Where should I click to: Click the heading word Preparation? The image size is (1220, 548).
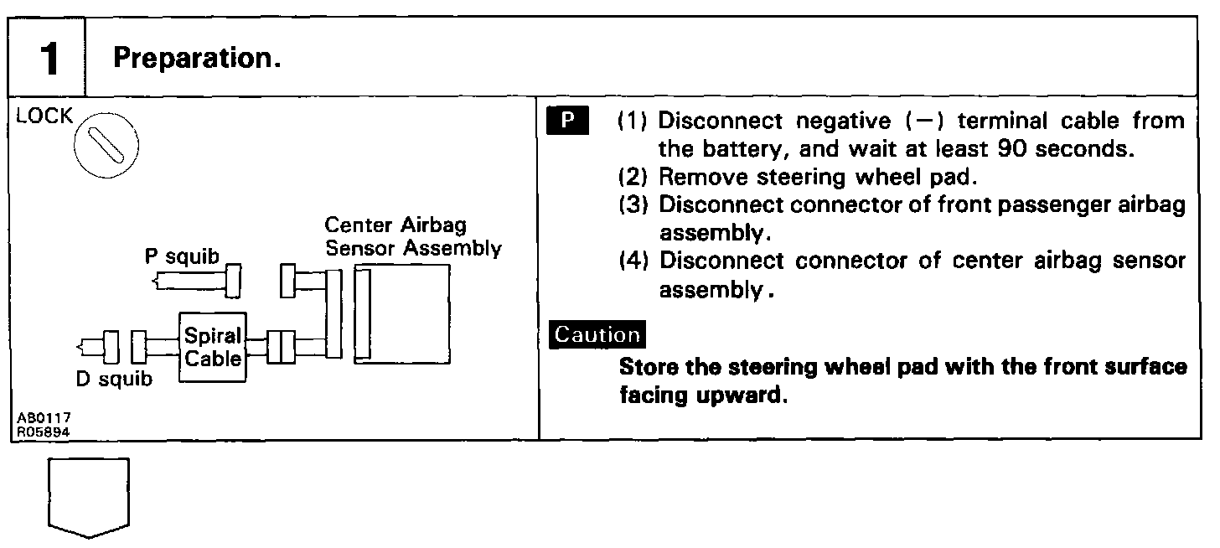(196, 58)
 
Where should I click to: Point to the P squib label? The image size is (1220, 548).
(182, 257)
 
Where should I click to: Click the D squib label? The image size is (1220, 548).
(115, 380)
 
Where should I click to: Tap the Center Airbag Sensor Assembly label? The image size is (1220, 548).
(413, 236)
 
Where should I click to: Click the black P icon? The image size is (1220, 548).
(567, 121)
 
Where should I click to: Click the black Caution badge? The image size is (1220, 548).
(597, 334)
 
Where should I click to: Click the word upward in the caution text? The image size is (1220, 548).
(741, 395)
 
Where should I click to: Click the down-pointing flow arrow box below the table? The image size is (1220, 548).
(89, 497)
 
